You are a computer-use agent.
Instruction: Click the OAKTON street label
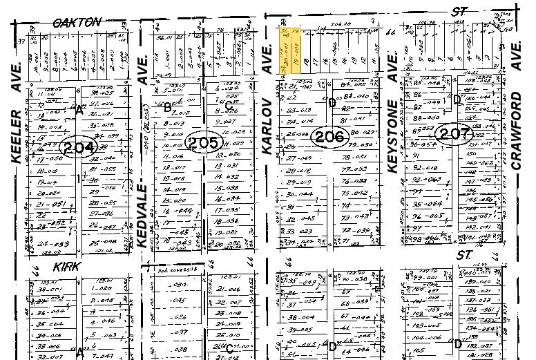(77, 23)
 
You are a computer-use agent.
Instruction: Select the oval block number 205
(203, 143)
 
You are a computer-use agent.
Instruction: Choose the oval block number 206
(329, 137)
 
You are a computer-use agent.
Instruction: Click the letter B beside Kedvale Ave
(166, 106)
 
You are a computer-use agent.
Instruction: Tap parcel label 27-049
(300, 158)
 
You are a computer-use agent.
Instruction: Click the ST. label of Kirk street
(463, 256)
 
